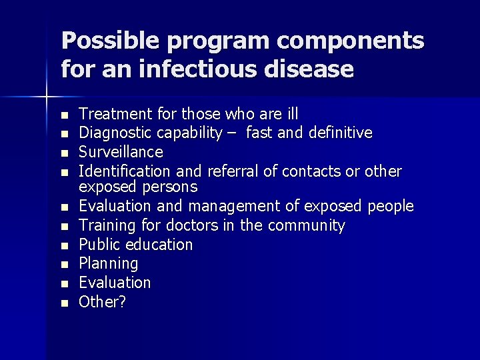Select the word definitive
tap(339, 133)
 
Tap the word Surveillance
tap(121, 153)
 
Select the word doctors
tap(193, 225)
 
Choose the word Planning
tap(109, 264)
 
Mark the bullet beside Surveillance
tap(64, 153)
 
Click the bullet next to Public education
tap(64, 245)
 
